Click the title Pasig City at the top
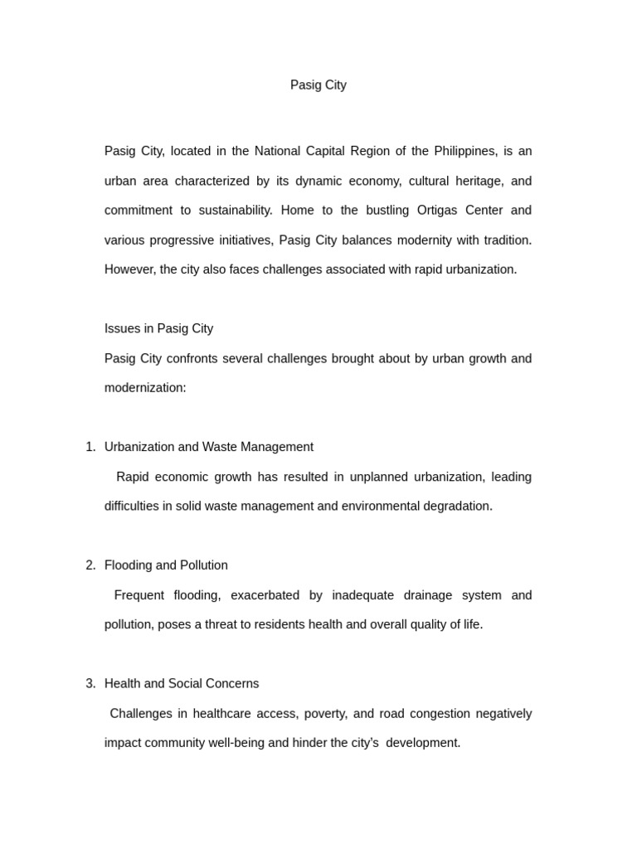click(x=318, y=85)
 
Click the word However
click(x=129, y=269)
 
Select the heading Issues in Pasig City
click(x=158, y=328)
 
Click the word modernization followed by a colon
click(x=145, y=387)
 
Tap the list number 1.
click(x=90, y=447)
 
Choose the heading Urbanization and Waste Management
click(x=209, y=447)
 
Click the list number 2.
click(x=90, y=565)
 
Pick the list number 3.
click(x=90, y=684)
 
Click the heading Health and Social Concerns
click(x=182, y=684)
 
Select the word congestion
click(x=440, y=714)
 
